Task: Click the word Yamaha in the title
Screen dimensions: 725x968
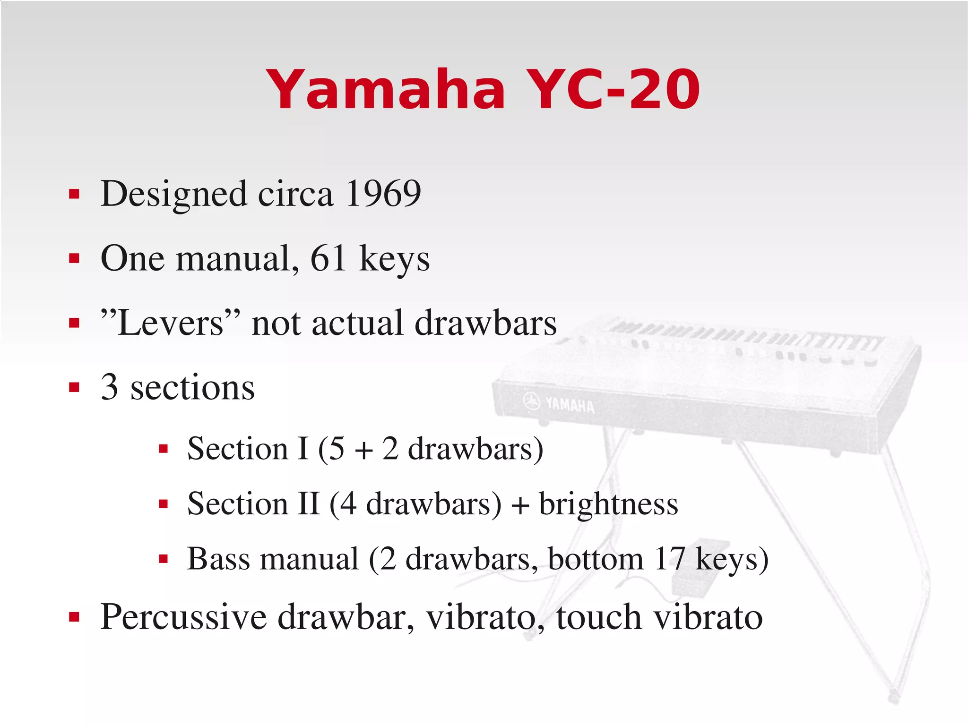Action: coord(385,89)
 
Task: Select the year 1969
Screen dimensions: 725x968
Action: coord(383,193)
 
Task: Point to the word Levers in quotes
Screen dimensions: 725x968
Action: coord(170,323)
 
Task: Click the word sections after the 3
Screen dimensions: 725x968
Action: coord(192,387)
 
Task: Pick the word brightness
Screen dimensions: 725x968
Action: coord(608,503)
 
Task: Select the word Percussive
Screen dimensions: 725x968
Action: coord(184,617)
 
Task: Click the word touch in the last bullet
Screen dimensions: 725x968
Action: coord(599,617)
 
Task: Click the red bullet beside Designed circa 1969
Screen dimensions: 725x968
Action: coord(74,194)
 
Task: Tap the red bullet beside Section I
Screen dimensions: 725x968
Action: coord(164,449)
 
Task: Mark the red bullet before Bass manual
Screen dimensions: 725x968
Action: coord(164,560)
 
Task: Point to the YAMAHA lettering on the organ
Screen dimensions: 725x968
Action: coord(569,405)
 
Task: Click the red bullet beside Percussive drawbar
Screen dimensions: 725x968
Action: coord(74,617)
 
